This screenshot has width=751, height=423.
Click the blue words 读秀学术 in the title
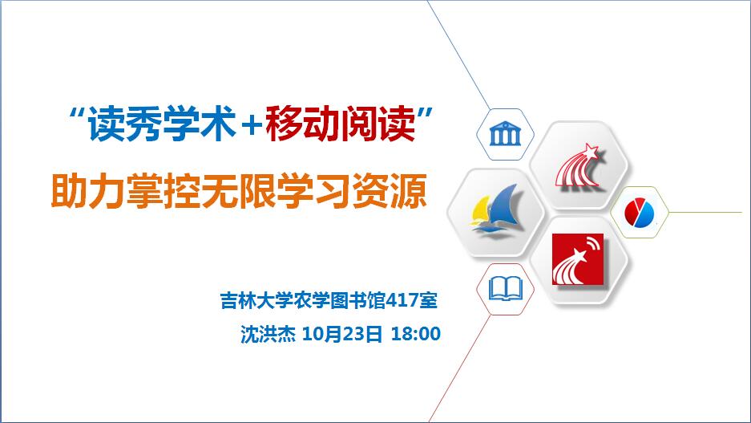coord(162,124)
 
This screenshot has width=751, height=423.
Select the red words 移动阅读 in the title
coord(341,124)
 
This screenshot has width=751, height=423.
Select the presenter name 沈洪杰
coord(268,334)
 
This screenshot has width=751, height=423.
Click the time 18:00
coord(416,334)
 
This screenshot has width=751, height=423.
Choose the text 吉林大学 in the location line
coord(256,301)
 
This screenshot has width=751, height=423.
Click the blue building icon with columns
coord(505,134)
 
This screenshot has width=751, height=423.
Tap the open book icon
coord(505,289)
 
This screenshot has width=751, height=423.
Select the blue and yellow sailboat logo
coord(495,212)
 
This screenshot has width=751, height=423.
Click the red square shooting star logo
coord(578,259)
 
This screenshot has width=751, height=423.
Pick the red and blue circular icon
coord(640,213)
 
